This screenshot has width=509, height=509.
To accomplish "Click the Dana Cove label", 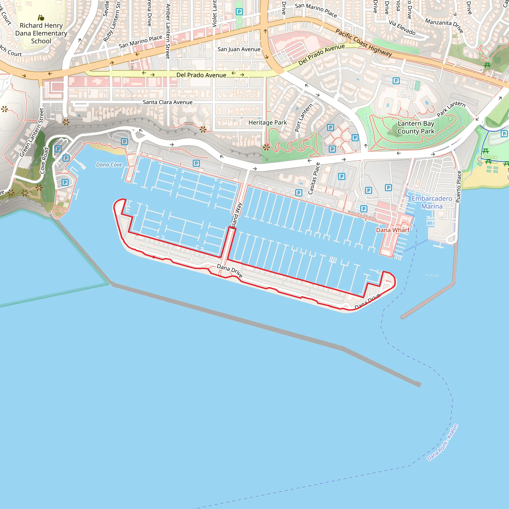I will [x=109, y=165].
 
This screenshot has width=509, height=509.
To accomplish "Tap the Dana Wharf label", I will [x=392, y=230].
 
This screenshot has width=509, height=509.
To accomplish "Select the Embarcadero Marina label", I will [x=432, y=202].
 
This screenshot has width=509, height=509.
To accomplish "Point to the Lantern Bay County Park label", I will [x=416, y=127].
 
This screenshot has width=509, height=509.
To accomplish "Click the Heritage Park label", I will [x=267, y=123].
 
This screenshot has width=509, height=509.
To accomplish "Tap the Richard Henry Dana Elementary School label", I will [x=41, y=33].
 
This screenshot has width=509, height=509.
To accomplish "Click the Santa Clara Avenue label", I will [x=168, y=102].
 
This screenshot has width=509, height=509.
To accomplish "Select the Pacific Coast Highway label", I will [x=364, y=42].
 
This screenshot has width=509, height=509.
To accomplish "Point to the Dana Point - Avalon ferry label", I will [x=442, y=443].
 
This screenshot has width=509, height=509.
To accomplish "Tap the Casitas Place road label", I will [x=314, y=178].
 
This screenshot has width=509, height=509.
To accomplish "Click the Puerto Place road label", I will [x=459, y=187].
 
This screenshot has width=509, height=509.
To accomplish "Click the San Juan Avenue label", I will [x=239, y=49].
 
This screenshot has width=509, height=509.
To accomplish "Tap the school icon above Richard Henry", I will [x=41, y=18].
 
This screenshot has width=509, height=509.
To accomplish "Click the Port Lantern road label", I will [x=303, y=118].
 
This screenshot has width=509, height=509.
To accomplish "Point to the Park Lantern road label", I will [x=451, y=109].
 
